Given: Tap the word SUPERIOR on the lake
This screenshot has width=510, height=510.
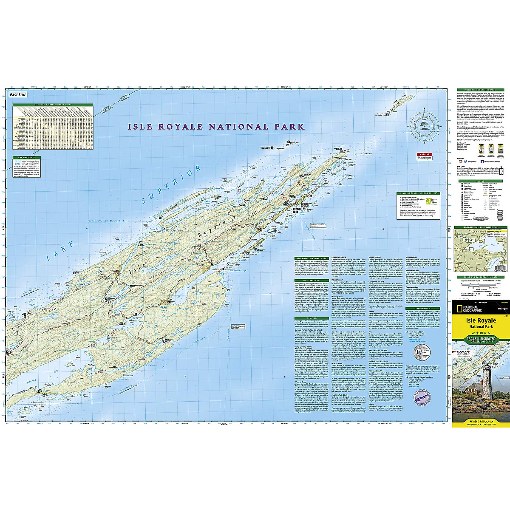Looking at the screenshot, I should click(170, 185).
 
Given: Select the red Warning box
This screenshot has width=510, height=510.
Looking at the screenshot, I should click(424, 156).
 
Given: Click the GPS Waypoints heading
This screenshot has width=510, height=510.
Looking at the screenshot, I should click(23, 158).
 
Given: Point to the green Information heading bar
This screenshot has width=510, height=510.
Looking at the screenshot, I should click(423, 309).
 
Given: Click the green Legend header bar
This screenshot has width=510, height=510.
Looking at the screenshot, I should click(480, 181).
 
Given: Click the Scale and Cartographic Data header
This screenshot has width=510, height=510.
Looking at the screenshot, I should click(480, 277).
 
